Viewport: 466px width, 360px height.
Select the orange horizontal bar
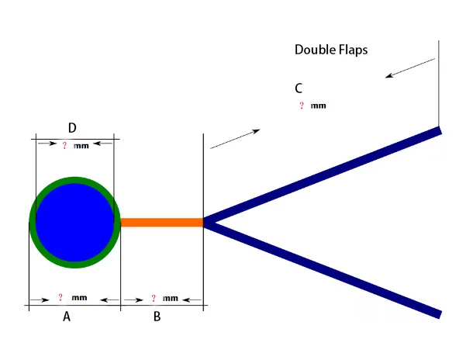click(x=161, y=223)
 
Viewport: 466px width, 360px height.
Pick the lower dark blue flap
click(x=326, y=268)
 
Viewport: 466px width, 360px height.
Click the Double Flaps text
click(x=330, y=50)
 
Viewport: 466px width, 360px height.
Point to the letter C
click(x=299, y=88)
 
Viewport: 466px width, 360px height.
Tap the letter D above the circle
click(x=72, y=127)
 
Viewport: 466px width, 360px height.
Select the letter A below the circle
click(x=67, y=317)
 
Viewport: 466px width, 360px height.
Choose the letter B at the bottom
click(x=157, y=317)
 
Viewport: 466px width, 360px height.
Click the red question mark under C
click(x=301, y=106)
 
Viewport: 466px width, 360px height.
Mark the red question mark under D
click(x=64, y=145)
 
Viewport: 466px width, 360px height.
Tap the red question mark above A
click(x=60, y=297)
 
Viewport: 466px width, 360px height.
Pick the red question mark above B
click(x=153, y=298)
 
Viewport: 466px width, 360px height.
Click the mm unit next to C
click(x=318, y=106)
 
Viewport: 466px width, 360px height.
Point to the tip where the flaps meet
click(x=205, y=223)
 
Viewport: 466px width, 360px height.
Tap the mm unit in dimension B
click(x=171, y=298)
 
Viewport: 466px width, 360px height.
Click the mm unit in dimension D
click(x=81, y=146)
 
